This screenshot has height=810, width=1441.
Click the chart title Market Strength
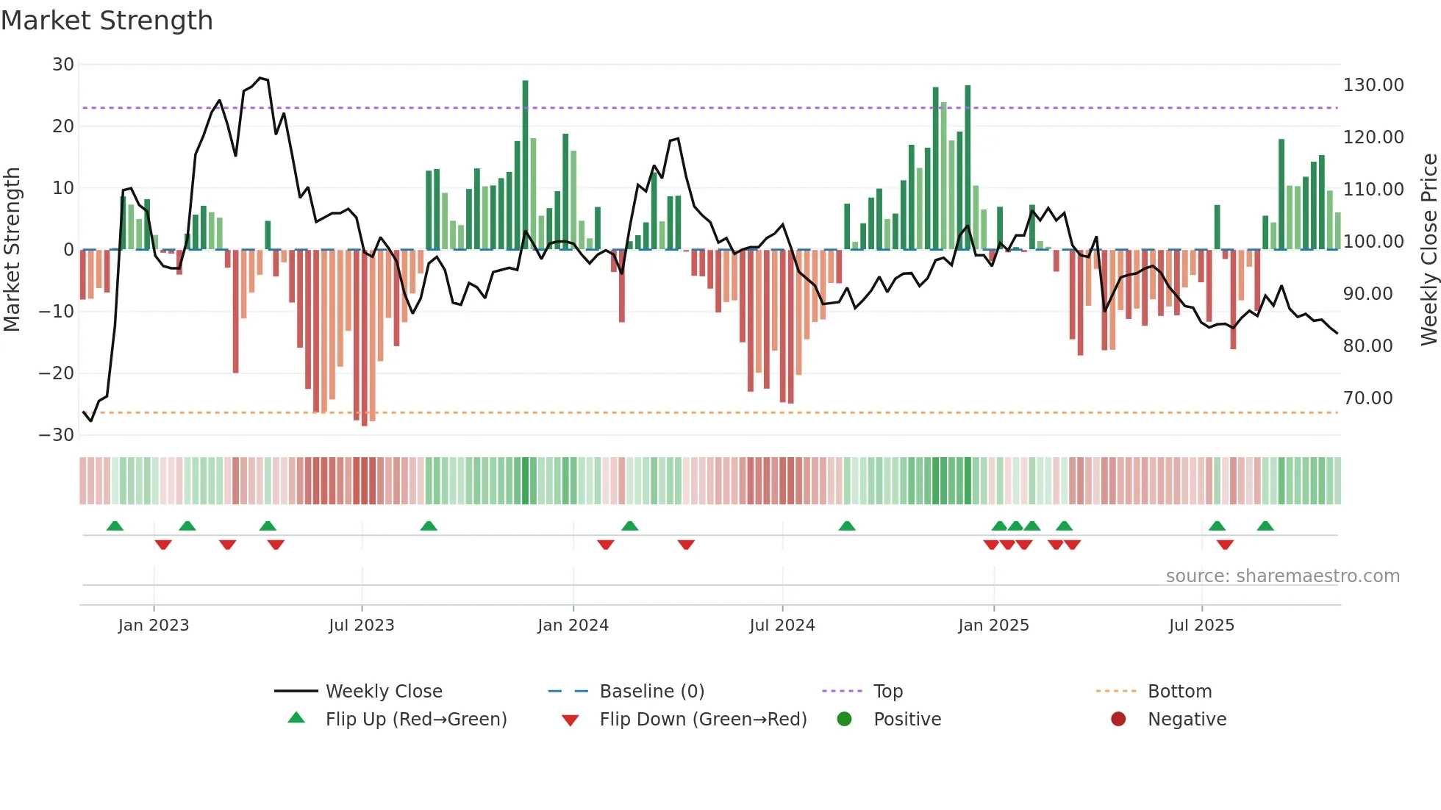(x=107, y=21)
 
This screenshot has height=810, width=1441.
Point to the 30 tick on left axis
(x=63, y=65)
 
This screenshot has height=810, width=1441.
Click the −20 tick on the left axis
(x=57, y=373)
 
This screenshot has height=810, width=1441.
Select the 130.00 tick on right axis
(x=1373, y=85)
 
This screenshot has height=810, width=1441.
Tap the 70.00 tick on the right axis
(x=1367, y=398)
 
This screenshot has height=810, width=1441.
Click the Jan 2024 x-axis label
(x=573, y=626)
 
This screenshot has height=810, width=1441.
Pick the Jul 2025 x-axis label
(x=1201, y=626)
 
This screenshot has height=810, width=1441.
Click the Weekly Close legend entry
(x=383, y=692)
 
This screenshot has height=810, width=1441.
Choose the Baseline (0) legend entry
(x=651, y=692)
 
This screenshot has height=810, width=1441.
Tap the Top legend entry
(x=887, y=692)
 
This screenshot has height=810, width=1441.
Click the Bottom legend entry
(x=1179, y=692)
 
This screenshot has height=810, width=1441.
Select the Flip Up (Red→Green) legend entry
(x=415, y=720)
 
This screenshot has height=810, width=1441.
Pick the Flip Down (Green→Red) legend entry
(x=702, y=720)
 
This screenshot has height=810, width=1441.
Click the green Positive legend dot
(x=844, y=720)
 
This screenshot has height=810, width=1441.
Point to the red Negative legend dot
(x=1118, y=720)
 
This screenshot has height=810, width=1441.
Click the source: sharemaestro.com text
(x=1282, y=576)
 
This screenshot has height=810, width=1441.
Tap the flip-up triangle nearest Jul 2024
(x=847, y=526)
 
